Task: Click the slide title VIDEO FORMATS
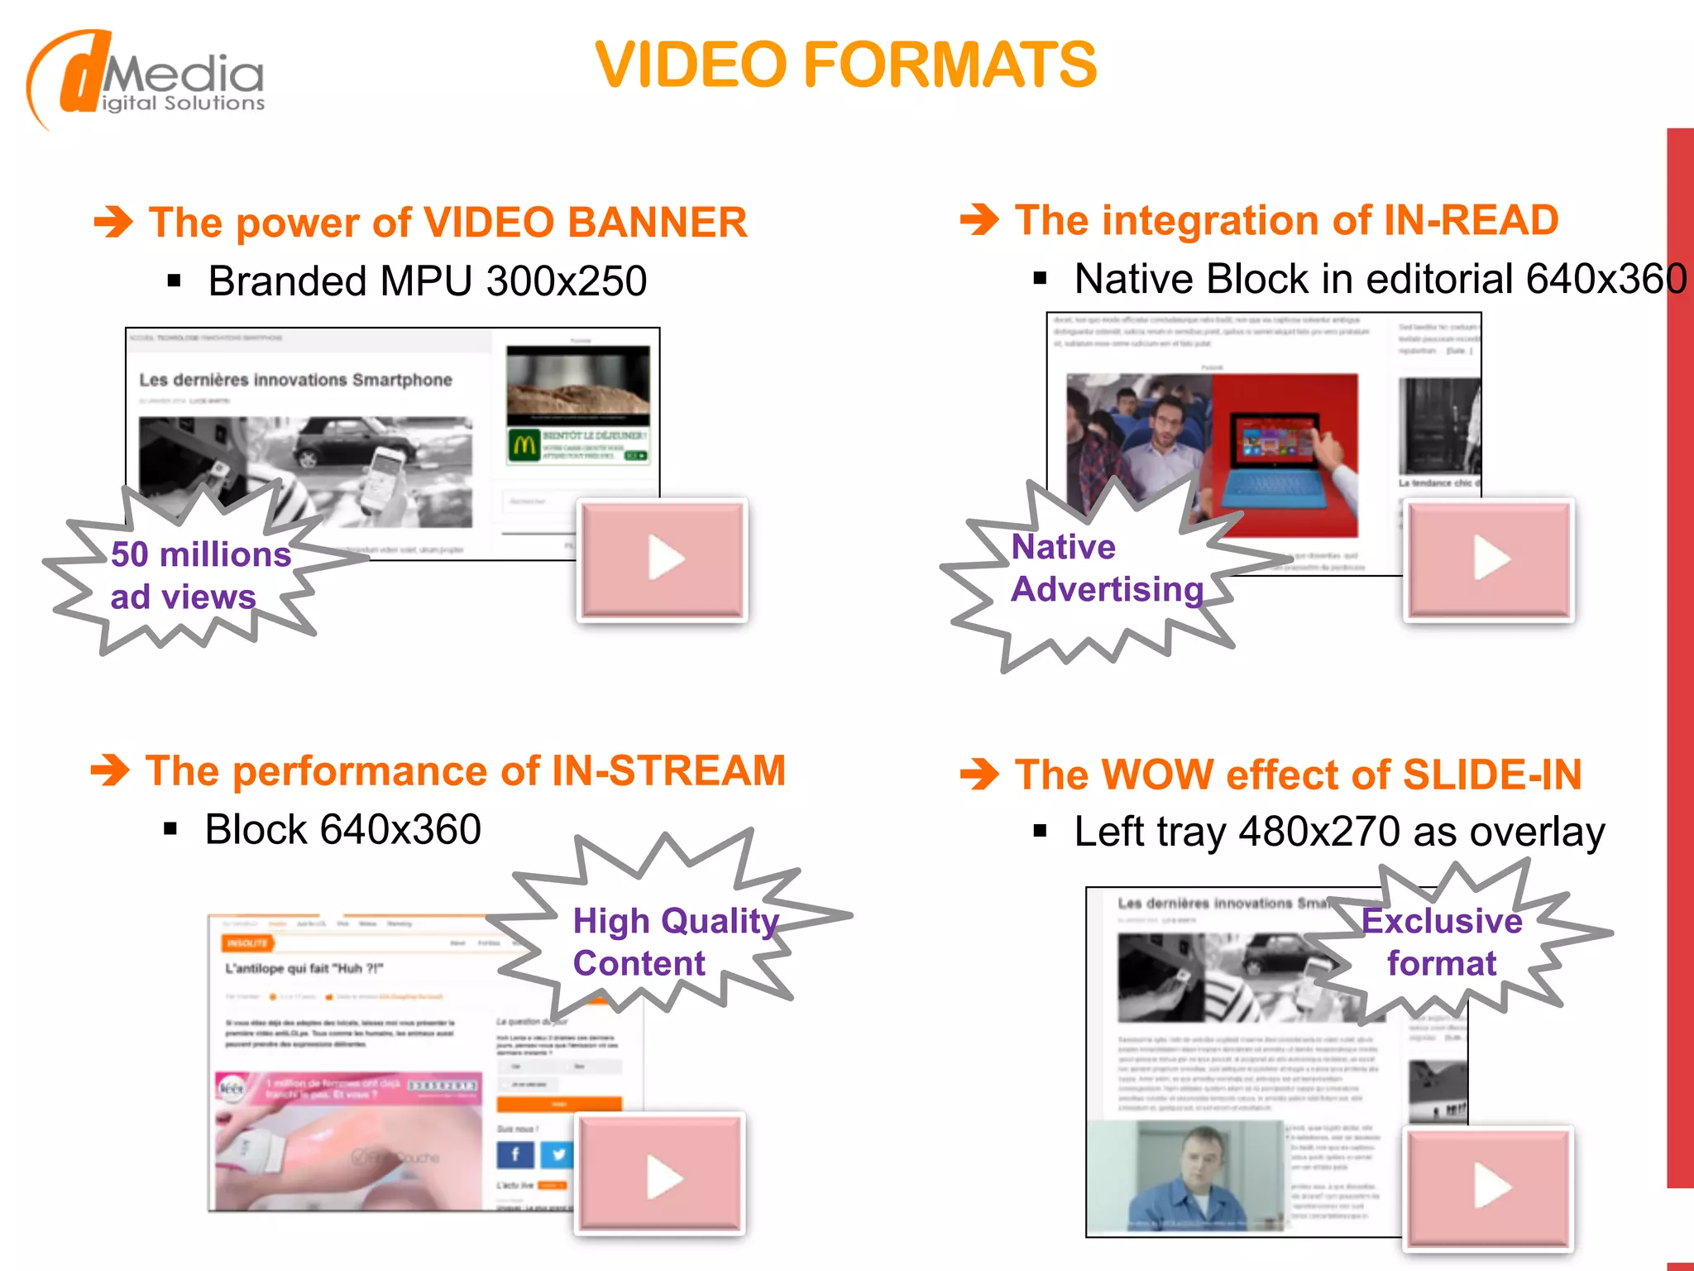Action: (x=845, y=65)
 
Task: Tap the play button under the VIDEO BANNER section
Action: (x=663, y=559)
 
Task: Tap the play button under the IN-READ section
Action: (x=1489, y=559)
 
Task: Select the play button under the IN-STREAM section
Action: (x=661, y=1174)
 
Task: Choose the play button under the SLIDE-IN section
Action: (x=1489, y=1187)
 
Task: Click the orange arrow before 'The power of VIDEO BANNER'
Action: (x=113, y=222)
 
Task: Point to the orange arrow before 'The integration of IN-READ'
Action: (x=979, y=220)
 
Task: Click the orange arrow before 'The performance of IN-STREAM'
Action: (x=110, y=770)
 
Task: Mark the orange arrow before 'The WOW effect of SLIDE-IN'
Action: (x=979, y=775)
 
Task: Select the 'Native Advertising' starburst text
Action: (x=1107, y=568)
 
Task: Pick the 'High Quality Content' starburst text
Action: (x=674, y=942)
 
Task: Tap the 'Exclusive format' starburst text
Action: (x=1442, y=942)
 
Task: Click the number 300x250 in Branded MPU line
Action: (x=567, y=281)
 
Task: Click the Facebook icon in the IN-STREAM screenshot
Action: (x=514, y=1154)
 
